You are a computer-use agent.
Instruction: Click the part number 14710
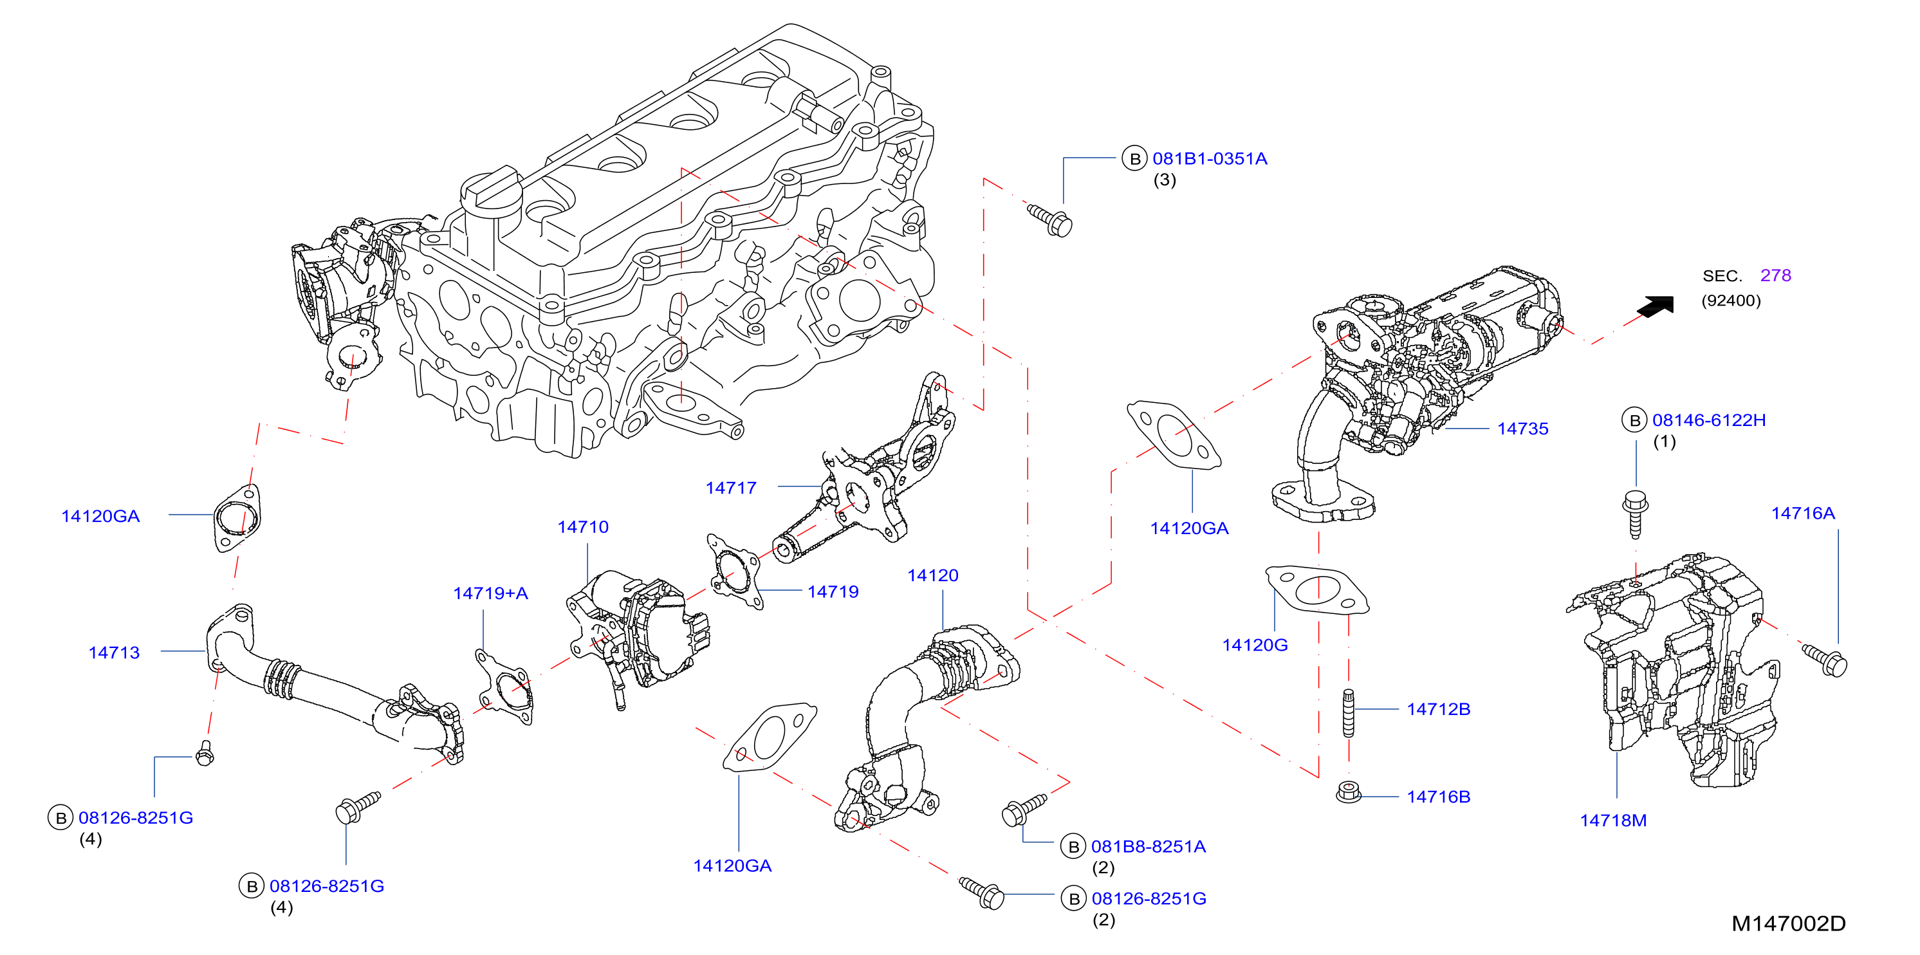(x=583, y=527)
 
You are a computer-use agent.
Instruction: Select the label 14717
(x=730, y=488)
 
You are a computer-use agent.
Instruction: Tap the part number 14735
(x=1523, y=429)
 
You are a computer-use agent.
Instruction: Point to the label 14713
(x=114, y=653)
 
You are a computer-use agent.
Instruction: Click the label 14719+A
(x=490, y=593)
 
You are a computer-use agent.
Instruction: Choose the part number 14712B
(x=1439, y=709)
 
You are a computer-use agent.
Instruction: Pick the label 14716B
(x=1439, y=797)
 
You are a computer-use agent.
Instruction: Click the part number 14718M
(x=1613, y=821)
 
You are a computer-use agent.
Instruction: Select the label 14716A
(x=1803, y=513)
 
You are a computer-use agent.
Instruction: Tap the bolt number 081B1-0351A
(x=1210, y=159)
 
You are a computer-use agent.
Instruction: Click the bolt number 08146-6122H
(x=1709, y=420)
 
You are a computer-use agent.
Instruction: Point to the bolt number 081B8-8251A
(x=1149, y=847)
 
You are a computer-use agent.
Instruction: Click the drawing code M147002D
(x=1788, y=923)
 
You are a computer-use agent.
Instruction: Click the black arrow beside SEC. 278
(x=1656, y=306)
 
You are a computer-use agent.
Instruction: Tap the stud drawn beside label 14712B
(x=1349, y=714)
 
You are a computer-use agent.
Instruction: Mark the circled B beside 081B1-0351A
(x=1134, y=159)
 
